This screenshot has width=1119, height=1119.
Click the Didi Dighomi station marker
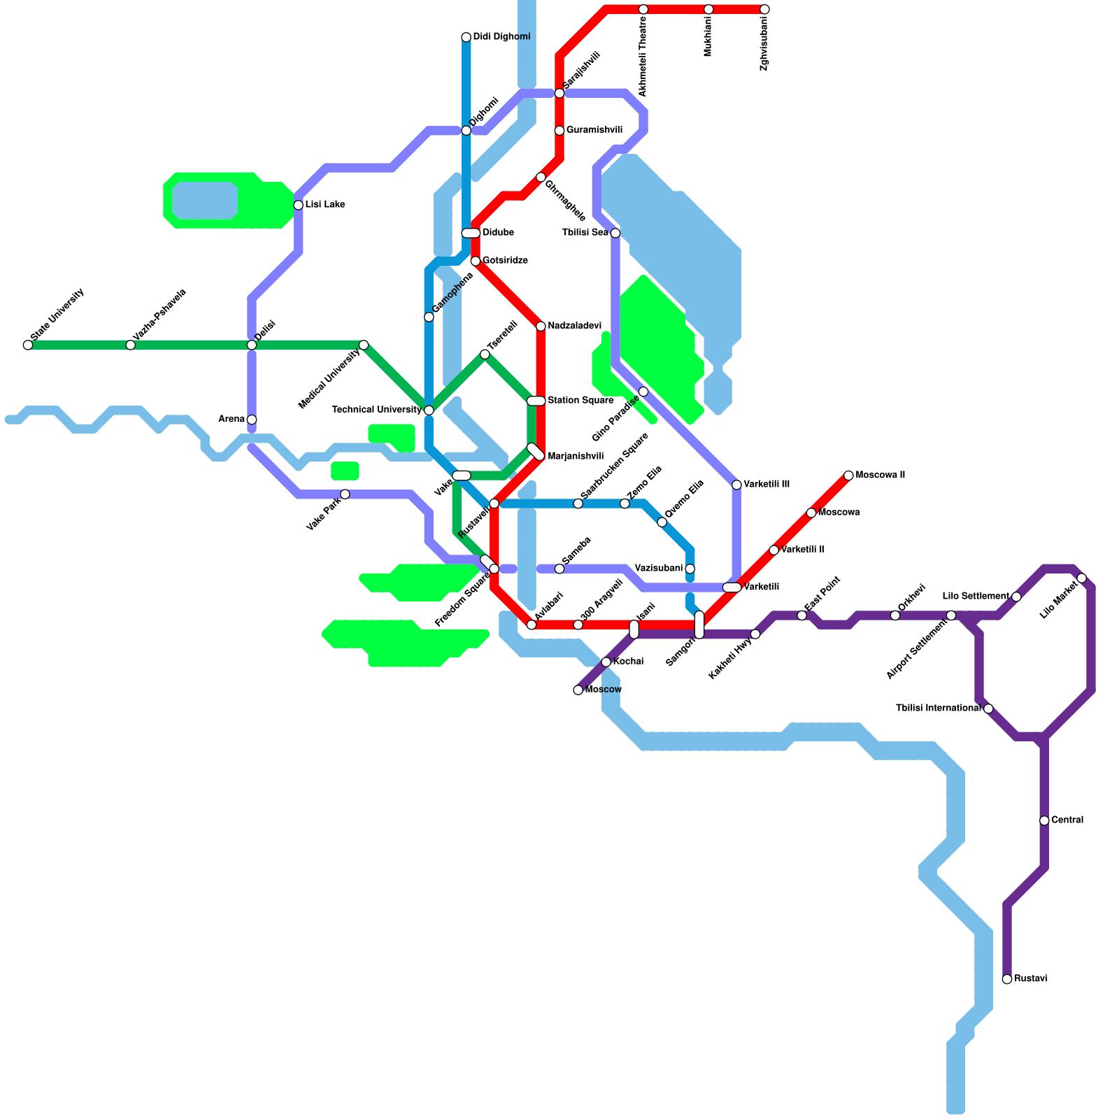(x=466, y=37)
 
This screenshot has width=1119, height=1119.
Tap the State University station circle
(x=28, y=345)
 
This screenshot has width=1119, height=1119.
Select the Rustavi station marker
(x=1007, y=979)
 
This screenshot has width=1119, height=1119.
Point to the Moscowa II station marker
(x=848, y=476)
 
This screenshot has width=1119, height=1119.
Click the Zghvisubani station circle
(x=764, y=9)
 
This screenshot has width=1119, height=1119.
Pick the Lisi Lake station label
(x=325, y=205)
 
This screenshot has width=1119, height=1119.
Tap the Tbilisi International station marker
(x=988, y=708)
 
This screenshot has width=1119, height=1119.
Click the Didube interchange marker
(x=471, y=233)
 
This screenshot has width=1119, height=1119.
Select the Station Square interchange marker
(x=536, y=401)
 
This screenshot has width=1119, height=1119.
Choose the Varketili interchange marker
(x=732, y=587)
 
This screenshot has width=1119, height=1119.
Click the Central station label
(x=1067, y=820)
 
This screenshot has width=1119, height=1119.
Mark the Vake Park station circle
(x=345, y=494)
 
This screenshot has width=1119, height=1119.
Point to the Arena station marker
(x=252, y=420)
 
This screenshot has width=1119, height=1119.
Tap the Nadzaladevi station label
(x=574, y=326)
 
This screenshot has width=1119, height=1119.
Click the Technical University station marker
(x=429, y=410)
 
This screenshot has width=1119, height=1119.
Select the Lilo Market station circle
(x=1082, y=578)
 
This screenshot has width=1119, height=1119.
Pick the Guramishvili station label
(x=594, y=130)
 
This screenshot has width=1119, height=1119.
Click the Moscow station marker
(x=578, y=690)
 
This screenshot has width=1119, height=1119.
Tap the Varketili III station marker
(x=736, y=485)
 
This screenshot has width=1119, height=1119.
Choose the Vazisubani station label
(x=658, y=568)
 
